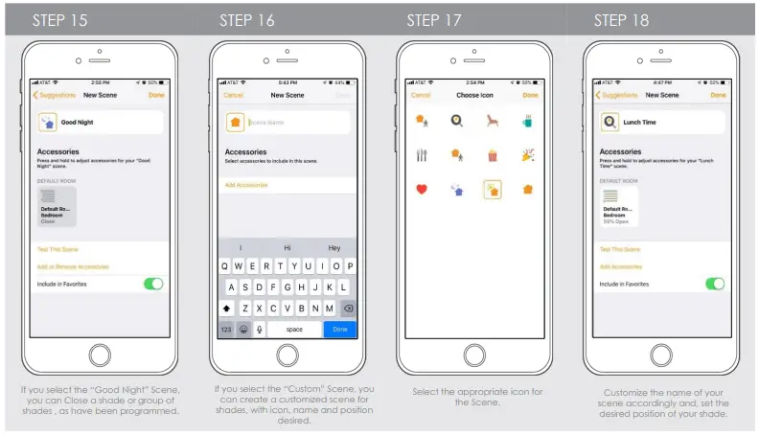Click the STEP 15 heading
click(59, 20)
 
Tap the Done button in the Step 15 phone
click(156, 96)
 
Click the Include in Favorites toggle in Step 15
click(153, 284)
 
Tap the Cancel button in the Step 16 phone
click(233, 96)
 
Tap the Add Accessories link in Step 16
click(246, 185)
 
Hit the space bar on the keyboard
click(295, 329)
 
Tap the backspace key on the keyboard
click(347, 309)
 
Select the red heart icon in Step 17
click(421, 189)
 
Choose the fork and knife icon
click(421, 154)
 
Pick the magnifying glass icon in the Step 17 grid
click(457, 120)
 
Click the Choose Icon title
click(474, 96)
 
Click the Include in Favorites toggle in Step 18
click(715, 284)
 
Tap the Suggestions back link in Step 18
click(618, 96)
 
